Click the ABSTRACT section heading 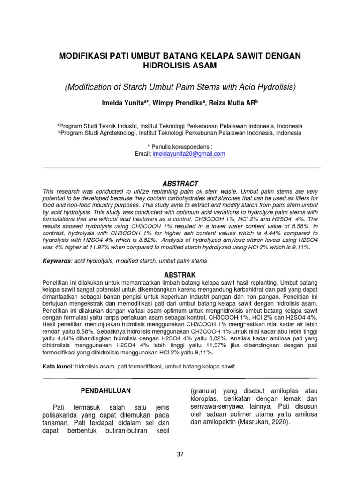(x=180, y=184)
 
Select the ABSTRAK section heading (x=180, y=274)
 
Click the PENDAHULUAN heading (x=105, y=390)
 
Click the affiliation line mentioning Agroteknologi (x=180, y=133)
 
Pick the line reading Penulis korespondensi (x=180, y=147)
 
